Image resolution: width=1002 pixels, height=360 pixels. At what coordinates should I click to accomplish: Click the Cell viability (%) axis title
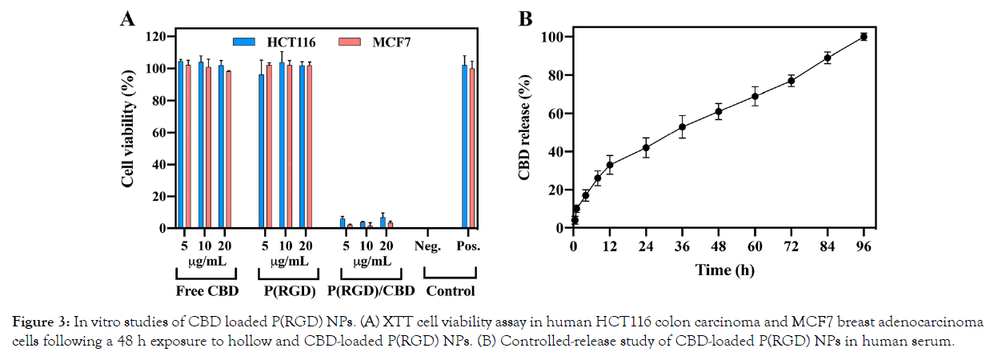pyautogui.click(x=127, y=133)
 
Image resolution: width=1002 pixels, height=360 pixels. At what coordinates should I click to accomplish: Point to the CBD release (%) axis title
pyautogui.click(x=526, y=128)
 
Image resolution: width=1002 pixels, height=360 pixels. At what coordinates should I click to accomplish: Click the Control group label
pyautogui.click(x=450, y=290)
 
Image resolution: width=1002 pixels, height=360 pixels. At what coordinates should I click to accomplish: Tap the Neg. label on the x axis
pyautogui.click(x=429, y=246)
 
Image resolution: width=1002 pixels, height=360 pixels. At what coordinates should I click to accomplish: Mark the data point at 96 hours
pyautogui.click(x=864, y=37)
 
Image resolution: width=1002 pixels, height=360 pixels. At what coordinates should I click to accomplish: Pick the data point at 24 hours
pyautogui.click(x=646, y=147)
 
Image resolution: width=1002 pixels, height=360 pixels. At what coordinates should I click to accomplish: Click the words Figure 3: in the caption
pyautogui.click(x=42, y=322)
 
